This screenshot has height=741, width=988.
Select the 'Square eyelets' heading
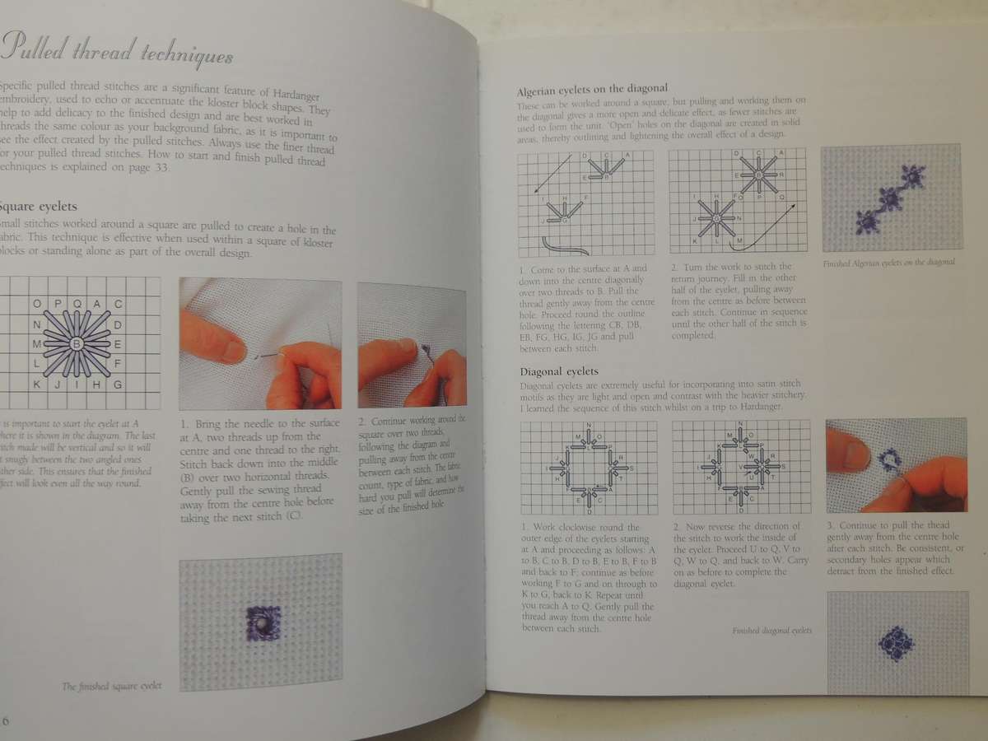(x=40, y=207)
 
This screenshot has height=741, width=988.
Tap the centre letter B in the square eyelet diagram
(x=77, y=343)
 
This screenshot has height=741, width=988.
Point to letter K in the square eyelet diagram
(x=35, y=384)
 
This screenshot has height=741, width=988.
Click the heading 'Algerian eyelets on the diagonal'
(x=591, y=89)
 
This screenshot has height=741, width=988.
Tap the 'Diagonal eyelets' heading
(x=559, y=371)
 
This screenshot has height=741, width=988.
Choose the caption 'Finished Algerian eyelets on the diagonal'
(x=888, y=263)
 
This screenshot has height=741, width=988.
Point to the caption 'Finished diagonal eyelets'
(x=771, y=631)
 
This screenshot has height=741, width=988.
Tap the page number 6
(x=5, y=721)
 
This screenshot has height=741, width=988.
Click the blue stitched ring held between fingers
(x=889, y=459)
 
